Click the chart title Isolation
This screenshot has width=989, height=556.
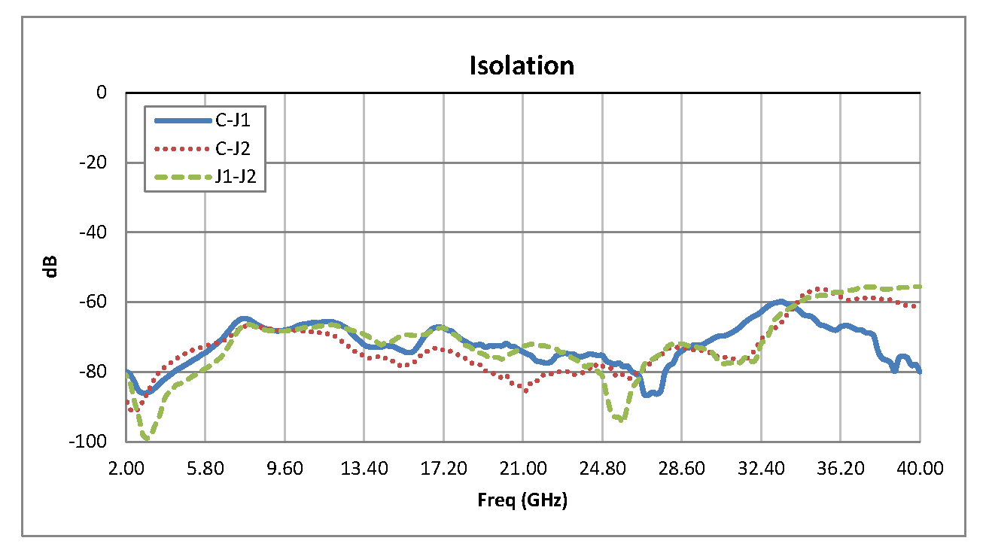click(x=522, y=65)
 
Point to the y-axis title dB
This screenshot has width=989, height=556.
click(x=52, y=267)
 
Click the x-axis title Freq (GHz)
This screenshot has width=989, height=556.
click(x=522, y=500)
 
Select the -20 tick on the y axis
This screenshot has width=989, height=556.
click(x=93, y=163)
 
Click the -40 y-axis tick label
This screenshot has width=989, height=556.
click(x=93, y=232)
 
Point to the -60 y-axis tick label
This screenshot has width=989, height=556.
click(x=93, y=302)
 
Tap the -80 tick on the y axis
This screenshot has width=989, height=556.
click(x=93, y=372)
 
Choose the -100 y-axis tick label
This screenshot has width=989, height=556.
click(x=90, y=441)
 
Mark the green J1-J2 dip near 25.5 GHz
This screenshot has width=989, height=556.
click(x=619, y=419)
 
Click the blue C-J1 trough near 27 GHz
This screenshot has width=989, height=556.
click(x=652, y=393)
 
